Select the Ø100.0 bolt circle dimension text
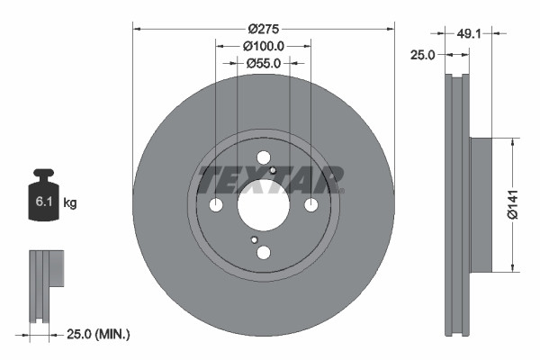pos(263,46)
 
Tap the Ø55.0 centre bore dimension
pos(263,63)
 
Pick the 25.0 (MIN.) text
pos(100,334)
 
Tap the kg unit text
pos(70,203)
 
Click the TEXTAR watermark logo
pos(270,179)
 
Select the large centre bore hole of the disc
pos(263,205)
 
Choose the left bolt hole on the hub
pos(216,205)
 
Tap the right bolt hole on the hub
pos(310,205)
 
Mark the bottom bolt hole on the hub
pos(263,253)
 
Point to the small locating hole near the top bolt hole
pos(273,168)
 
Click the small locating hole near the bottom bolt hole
pos(255,239)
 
